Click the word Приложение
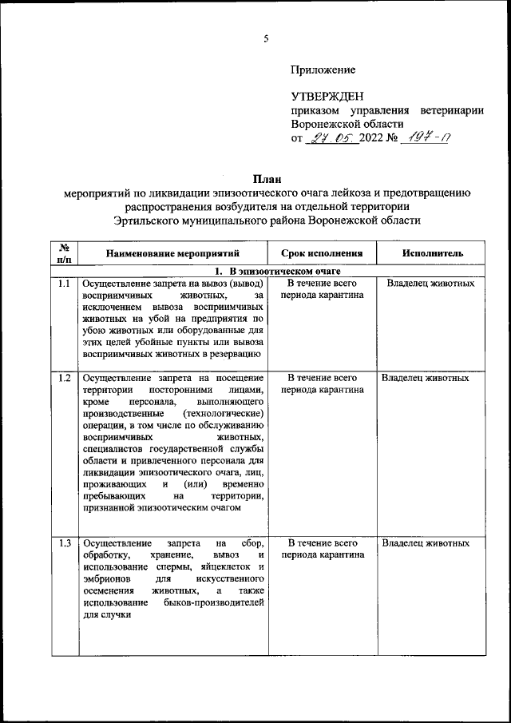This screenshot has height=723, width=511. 323,70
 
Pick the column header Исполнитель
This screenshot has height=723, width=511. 432,252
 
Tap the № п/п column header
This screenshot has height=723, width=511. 64,252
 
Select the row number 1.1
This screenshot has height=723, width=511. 64,284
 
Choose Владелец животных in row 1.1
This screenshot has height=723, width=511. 430,284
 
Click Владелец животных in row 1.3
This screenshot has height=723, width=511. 426,543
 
